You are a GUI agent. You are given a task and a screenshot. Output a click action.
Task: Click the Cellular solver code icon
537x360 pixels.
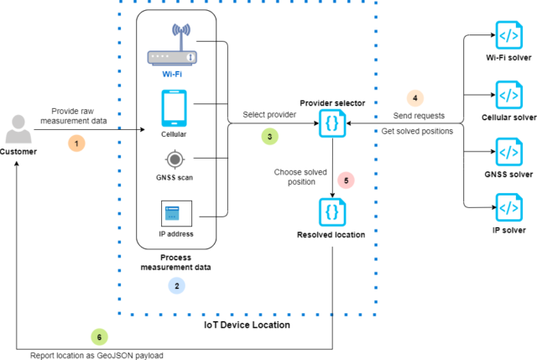[508, 94]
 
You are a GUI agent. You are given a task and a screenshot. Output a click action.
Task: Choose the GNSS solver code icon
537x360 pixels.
[508, 152]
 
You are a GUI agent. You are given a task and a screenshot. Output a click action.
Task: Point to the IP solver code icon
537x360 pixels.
[508, 206]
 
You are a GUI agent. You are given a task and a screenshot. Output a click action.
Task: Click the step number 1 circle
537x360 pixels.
[77, 143]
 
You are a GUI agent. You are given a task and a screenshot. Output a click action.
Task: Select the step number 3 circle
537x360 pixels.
[269, 135]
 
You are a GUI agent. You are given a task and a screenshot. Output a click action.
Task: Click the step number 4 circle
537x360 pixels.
[417, 97]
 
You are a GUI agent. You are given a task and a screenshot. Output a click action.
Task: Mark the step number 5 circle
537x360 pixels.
[346, 180]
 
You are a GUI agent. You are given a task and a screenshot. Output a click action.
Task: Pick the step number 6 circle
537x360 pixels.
[100, 337]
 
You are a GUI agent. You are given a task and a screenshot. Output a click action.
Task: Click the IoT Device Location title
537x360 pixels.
[248, 324]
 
